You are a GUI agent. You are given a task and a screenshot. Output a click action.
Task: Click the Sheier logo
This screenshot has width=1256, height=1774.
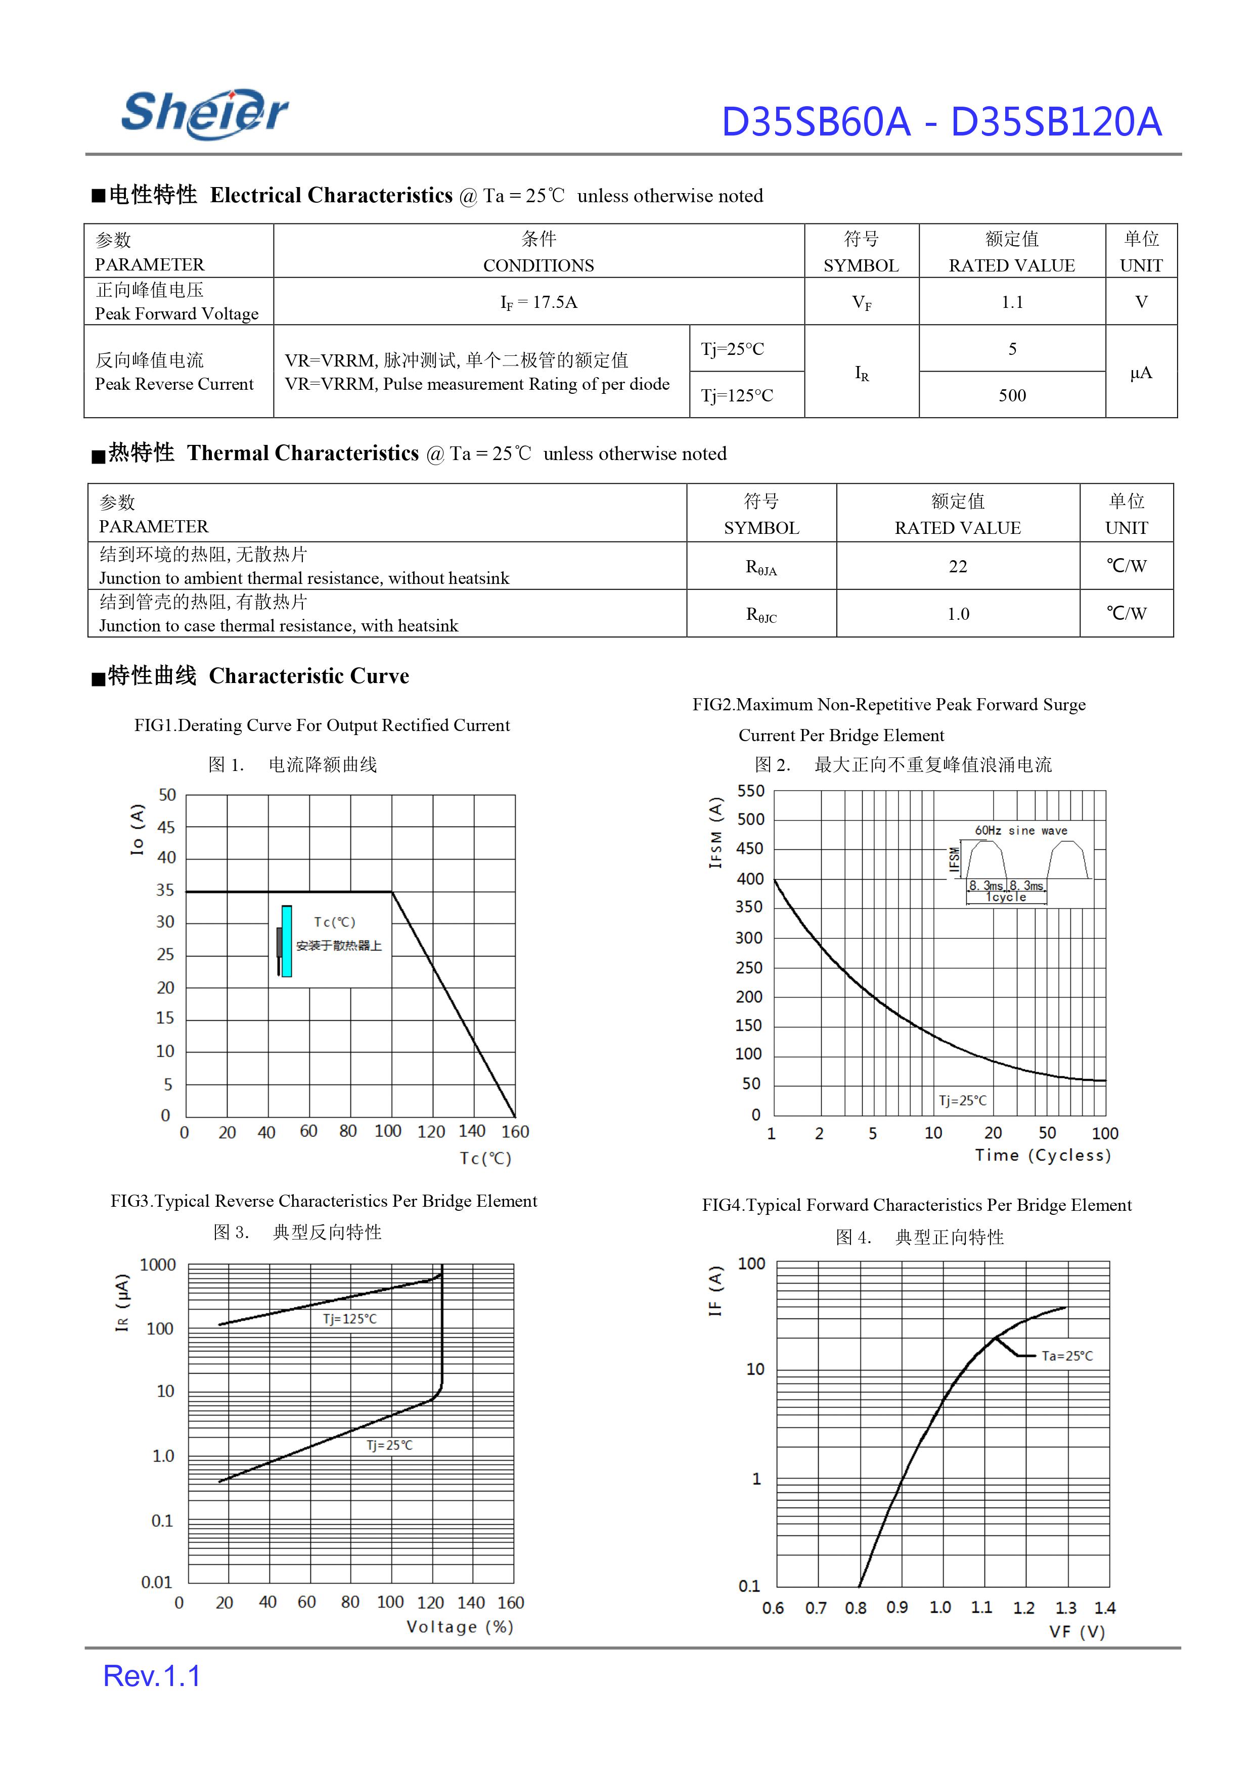[x=205, y=114]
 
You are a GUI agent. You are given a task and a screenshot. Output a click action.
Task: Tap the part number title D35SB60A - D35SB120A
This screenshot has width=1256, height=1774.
[x=940, y=122]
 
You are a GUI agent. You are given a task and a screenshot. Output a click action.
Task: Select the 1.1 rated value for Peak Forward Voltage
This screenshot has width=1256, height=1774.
[x=1012, y=302]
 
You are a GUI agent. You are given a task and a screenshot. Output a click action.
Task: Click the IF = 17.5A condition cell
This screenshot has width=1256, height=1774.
[x=539, y=302]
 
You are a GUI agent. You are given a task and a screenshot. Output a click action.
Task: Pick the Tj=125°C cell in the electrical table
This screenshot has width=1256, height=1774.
[x=737, y=396]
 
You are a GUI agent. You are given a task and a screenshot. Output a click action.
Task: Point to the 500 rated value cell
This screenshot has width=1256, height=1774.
[x=1012, y=396]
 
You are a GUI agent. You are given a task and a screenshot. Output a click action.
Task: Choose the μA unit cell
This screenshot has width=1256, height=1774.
[x=1141, y=373]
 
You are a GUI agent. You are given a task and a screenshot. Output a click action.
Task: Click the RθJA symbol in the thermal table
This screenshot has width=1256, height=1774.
[x=761, y=568]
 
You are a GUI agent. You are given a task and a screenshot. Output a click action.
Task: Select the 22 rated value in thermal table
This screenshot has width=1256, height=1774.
[x=958, y=567]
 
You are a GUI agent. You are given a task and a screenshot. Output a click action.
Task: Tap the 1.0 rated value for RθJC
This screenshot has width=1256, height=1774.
[x=958, y=614]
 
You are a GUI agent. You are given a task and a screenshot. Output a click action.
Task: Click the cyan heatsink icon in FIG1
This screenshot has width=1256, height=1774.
[x=286, y=941]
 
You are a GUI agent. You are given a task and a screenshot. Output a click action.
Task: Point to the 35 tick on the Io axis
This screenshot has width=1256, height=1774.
[x=165, y=890]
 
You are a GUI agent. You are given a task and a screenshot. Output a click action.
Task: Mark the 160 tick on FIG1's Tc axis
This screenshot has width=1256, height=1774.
[x=515, y=1132]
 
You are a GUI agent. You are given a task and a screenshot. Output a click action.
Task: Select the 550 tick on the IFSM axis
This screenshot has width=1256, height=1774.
[x=750, y=791]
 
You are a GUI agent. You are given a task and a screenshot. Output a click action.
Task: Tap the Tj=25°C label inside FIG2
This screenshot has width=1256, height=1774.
[x=962, y=1101]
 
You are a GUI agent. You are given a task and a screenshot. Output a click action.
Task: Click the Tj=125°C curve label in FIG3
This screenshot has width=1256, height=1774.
[x=349, y=1318]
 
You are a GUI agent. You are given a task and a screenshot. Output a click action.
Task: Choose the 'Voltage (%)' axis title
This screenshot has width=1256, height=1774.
[x=460, y=1627]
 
